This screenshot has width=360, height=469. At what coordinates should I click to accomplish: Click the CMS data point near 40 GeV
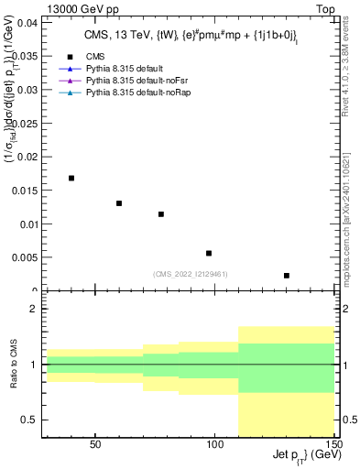coord(71,178)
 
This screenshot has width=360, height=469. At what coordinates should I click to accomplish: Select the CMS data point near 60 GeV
coord(119,203)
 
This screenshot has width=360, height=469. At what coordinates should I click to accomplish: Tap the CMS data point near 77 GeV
coord(161,214)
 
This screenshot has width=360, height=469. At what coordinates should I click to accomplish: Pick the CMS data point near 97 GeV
coord(209,253)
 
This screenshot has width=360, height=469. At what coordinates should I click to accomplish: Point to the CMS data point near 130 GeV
coord(287,275)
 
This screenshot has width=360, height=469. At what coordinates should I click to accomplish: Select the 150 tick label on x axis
coord(335,444)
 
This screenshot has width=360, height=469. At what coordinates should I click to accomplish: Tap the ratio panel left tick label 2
coord(33,310)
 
